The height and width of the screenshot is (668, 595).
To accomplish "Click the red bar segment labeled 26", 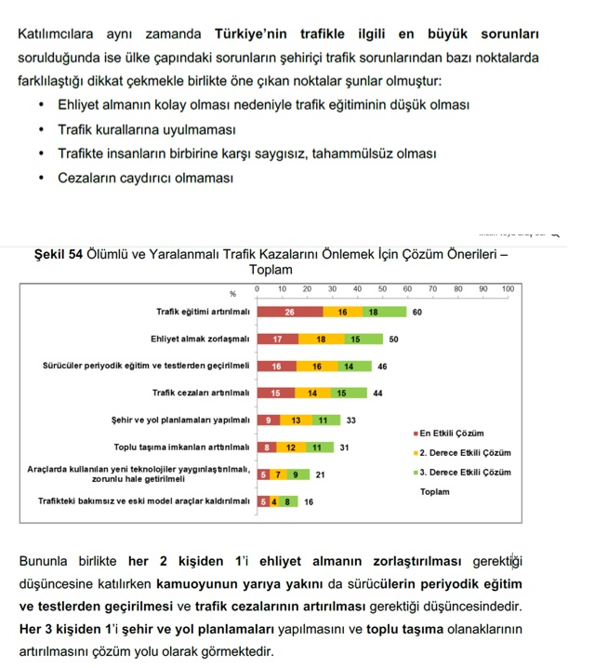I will (290, 313).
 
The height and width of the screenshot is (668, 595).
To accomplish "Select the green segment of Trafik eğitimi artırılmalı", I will (373, 313).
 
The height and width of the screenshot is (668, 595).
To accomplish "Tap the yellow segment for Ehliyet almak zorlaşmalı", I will (321, 340).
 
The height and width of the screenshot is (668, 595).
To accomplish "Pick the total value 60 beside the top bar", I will (417, 313).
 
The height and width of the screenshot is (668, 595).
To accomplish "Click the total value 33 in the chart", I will (351, 421).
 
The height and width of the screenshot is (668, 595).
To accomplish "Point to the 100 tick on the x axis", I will (508, 289).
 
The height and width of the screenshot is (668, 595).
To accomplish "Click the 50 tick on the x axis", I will (382, 289).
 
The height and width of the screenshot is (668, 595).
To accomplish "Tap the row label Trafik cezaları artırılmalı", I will (202, 394).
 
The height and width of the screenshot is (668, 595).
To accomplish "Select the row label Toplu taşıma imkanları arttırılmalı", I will (181, 448).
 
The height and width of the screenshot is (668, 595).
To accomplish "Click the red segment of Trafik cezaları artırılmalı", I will (275, 394).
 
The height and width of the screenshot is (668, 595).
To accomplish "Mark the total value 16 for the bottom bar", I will (309, 501).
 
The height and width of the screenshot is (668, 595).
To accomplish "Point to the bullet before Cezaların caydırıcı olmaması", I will (42, 177).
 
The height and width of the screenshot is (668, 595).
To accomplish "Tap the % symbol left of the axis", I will (233, 294).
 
